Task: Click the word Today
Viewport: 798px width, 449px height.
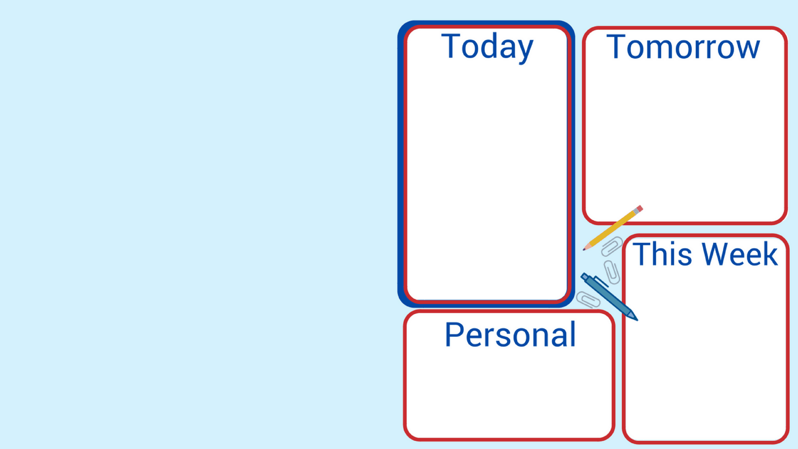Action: click(x=487, y=47)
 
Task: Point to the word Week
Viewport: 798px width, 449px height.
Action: click(x=740, y=254)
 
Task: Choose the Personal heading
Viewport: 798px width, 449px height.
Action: click(x=510, y=335)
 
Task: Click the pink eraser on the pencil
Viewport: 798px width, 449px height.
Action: click(x=640, y=208)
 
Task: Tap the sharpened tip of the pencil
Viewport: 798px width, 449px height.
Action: click(x=584, y=249)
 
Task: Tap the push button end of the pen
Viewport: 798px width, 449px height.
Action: click(x=584, y=276)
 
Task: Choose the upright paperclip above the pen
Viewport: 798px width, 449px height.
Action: click(x=612, y=272)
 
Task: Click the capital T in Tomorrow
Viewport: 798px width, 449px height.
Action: click(x=616, y=47)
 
